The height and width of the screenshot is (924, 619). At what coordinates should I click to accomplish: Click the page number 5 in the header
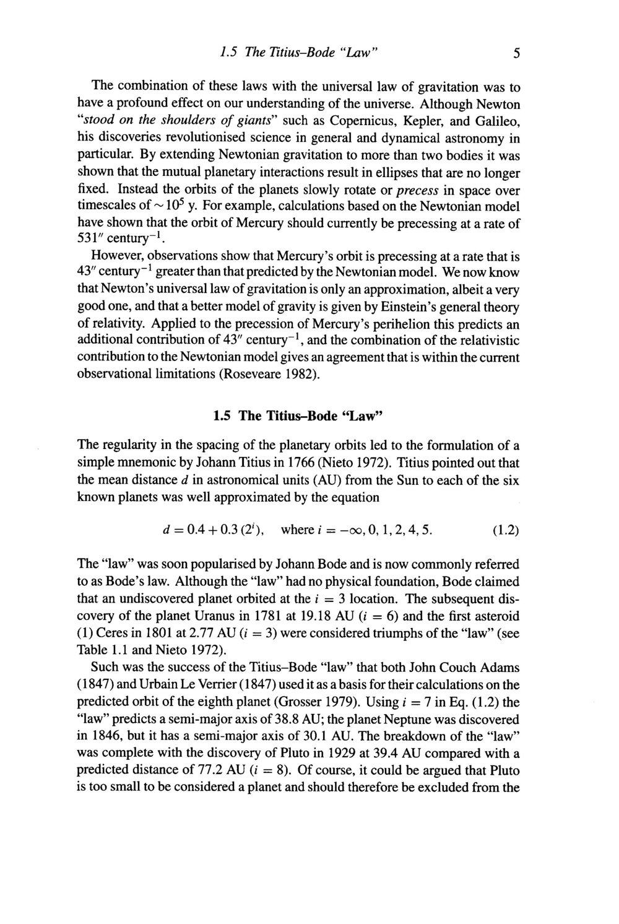pos(515,54)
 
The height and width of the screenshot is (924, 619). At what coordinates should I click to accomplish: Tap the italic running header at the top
pos(299,53)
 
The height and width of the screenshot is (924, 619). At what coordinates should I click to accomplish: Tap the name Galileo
pos(496,118)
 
